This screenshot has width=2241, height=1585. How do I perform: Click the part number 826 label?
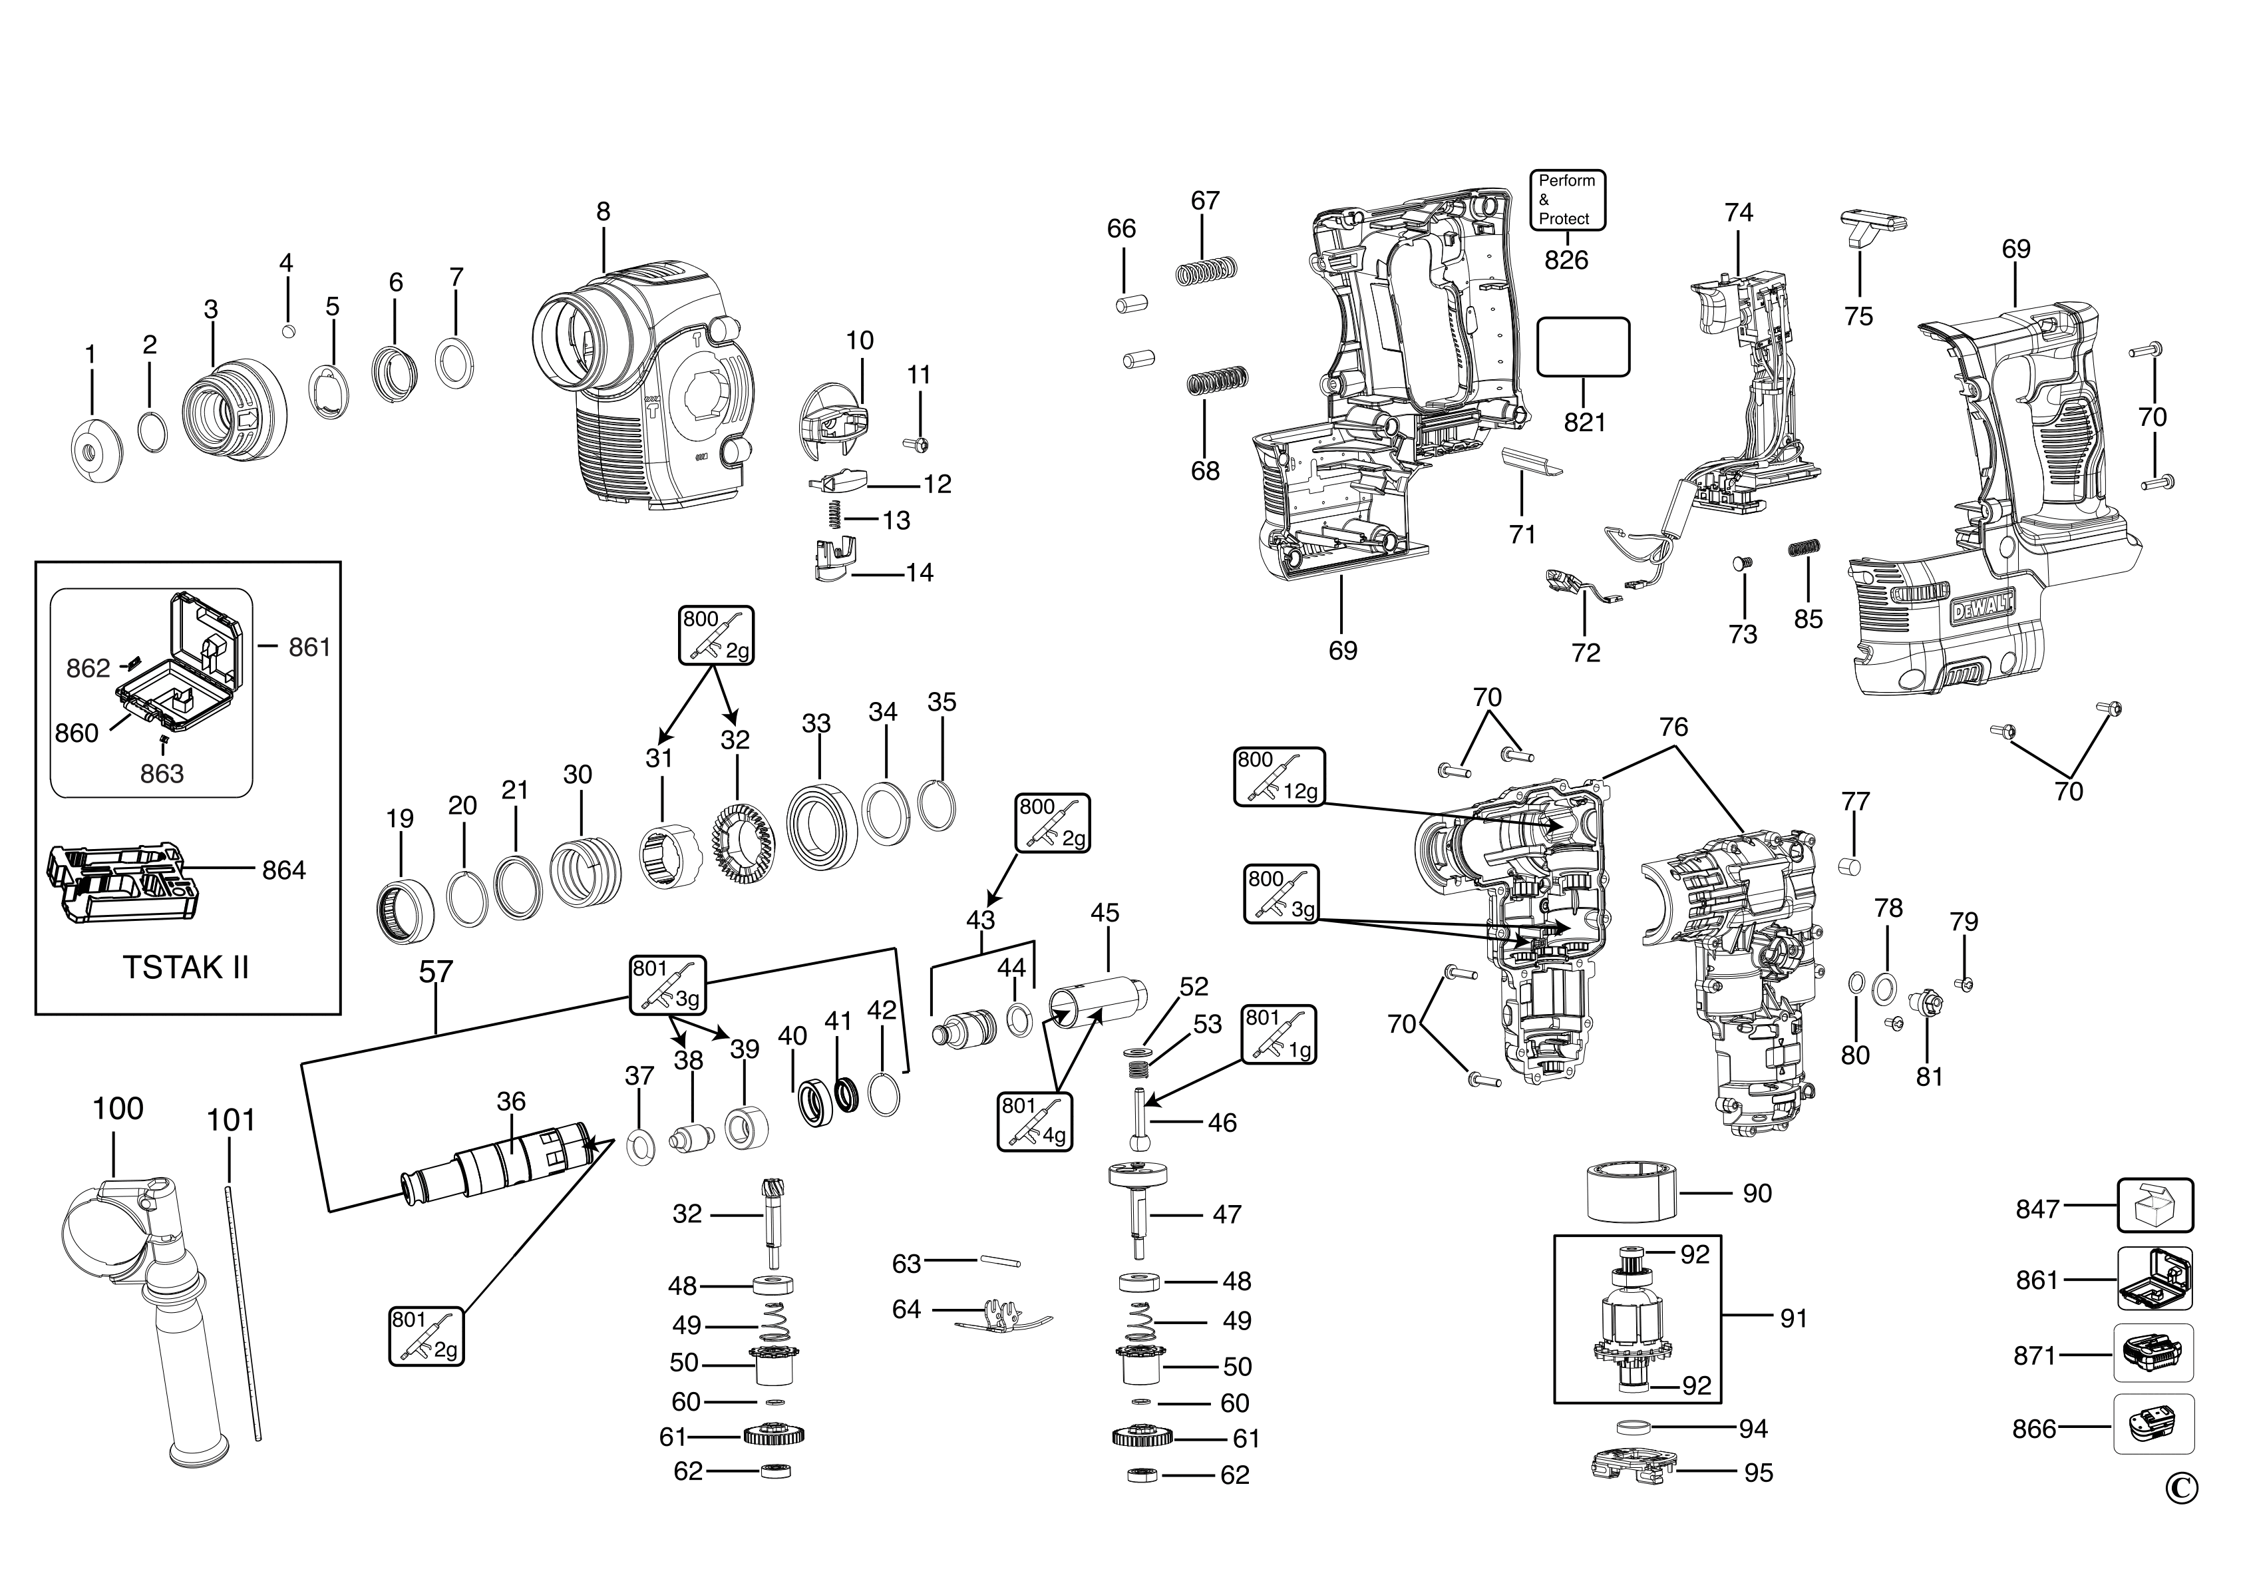pyautogui.click(x=1566, y=260)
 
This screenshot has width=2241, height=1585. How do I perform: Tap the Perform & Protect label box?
pyautogui.click(x=1566, y=200)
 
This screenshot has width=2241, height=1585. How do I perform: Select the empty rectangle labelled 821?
pyautogui.click(x=1583, y=347)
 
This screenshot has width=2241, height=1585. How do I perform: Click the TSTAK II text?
pyautogui.click(x=186, y=968)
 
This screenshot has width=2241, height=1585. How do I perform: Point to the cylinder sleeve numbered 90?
pyautogui.click(x=1631, y=1192)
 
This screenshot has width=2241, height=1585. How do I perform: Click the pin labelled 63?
pyautogui.click(x=999, y=1262)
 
